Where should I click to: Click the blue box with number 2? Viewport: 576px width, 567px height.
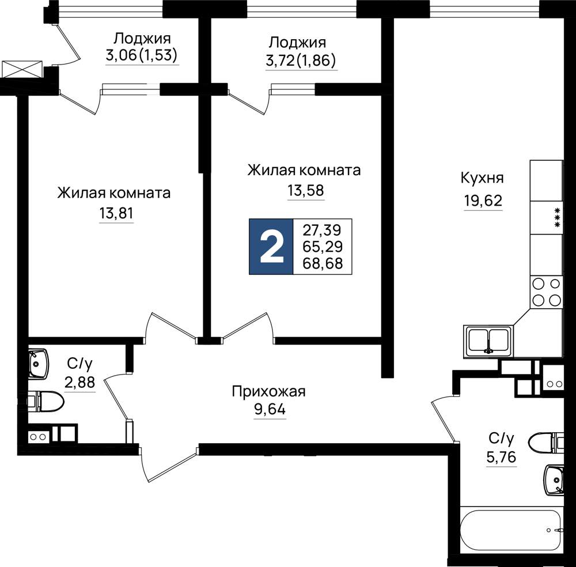pos(271,247)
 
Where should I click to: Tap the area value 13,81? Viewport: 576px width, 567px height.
pos(116,213)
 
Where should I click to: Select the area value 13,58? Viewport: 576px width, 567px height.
pos(306,190)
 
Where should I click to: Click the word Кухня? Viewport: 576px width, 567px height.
pos(482,179)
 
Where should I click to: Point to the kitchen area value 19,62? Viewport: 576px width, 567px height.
pos(483,201)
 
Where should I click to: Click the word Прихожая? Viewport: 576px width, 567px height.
pos(268,392)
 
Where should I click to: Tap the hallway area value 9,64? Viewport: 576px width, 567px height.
pos(270,409)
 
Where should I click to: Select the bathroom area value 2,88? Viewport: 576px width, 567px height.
pos(79,382)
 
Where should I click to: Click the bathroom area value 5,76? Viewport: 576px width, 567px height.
pos(502,457)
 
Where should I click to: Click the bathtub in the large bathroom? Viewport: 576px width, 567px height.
pos(511,530)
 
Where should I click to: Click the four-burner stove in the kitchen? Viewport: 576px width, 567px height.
pos(546,292)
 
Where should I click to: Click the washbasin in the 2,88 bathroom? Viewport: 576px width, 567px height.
pos(38,364)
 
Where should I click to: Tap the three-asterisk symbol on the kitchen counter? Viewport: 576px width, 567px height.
pos(557,218)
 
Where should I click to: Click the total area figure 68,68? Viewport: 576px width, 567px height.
pos(323,263)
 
